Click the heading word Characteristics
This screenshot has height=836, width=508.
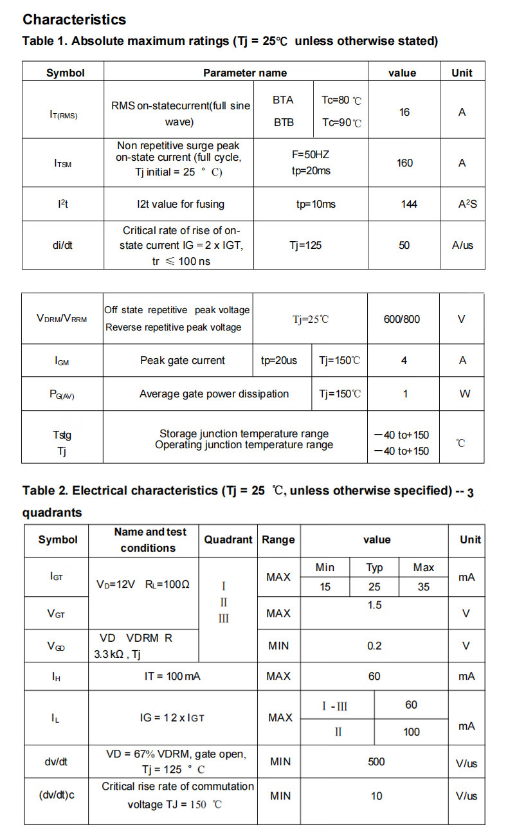[x=74, y=20]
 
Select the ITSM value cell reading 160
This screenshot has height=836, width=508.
[x=404, y=163]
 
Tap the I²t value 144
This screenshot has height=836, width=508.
[x=408, y=204]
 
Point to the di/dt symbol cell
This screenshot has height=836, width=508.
[x=62, y=245]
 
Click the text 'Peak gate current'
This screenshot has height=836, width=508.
[x=183, y=360]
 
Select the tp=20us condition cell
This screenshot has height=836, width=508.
[x=279, y=360]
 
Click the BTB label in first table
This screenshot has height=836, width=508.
[x=284, y=122]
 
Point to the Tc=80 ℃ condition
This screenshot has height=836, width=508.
[x=341, y=100]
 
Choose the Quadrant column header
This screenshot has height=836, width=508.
[x=228, y=540]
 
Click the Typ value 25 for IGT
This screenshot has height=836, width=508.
[x=374, y=586]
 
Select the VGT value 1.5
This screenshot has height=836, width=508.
[x=374, y=605]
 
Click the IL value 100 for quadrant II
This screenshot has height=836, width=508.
[x=412, y=732]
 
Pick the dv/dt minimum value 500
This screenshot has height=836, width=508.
[x=376, y=762]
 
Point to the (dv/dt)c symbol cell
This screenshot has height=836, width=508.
[x=57, y=795]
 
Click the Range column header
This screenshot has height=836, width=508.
[x=278, y=540]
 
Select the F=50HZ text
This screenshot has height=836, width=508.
[x=310, y=154]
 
